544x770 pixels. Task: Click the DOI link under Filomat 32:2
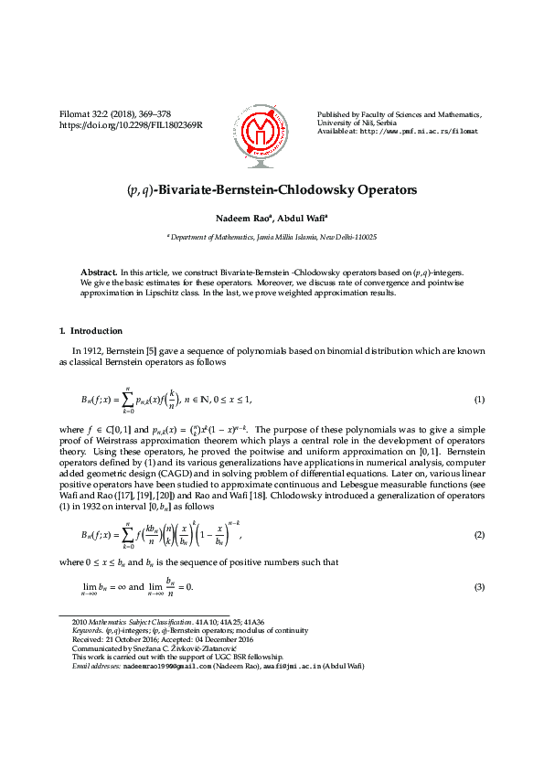pyautogui.click(x=131, y=124)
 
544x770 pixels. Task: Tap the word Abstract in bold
pyautogui.click(x=98, y=273)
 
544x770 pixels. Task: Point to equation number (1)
pyautogui.click(x=479, y=401)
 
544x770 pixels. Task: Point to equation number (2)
pyautogui.click(x=479, y=532)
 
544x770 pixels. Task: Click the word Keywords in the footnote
pyautogui.click(x=87, y=630)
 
